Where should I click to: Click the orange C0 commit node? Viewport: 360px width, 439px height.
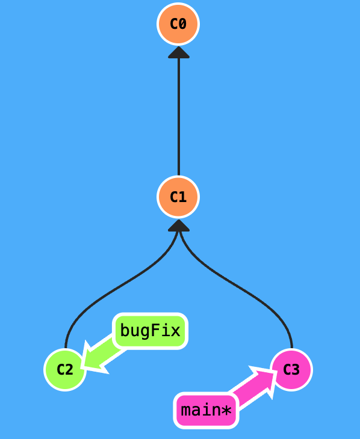tap(178, 24)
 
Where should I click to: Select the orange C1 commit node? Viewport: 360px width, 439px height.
tap(178, 197)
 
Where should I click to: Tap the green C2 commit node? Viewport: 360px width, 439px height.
tap(65, 369)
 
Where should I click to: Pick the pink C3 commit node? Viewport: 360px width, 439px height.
tap(291, 369)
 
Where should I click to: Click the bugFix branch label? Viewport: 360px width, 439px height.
tap(150, 331)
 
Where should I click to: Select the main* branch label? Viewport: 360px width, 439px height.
tap(206, 411)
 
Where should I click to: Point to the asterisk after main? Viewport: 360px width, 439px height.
tap(226, 411)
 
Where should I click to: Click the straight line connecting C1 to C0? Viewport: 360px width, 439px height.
tap(178, 114)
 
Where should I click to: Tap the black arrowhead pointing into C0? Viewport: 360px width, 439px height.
tap(179, 53)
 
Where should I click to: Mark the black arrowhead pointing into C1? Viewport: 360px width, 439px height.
tap(179, 226)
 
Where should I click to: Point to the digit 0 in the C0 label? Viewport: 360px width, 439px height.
tap(182, 24)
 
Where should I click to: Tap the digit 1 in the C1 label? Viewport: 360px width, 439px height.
tap(182, 197)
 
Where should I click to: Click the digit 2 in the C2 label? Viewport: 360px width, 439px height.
tap(69, 369)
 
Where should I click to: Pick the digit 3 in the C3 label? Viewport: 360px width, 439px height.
tap(296, 369)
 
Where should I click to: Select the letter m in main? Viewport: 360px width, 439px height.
tap(185, 411)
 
